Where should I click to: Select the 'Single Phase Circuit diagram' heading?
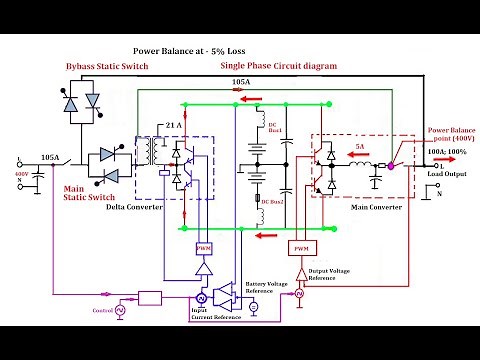click(277, 65)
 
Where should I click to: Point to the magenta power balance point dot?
click(392, 165)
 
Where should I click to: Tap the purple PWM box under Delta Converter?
click(204, 247)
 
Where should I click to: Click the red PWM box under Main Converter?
click(299, 246)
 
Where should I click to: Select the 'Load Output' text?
click(448, 175)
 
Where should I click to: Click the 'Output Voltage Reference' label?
click(336, 274)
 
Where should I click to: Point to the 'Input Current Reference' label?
click(211, 314)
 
